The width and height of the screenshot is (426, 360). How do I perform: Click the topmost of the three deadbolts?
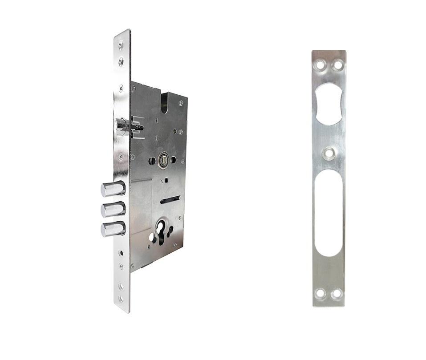(112, 189)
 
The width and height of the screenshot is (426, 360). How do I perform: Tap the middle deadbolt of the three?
(112, 209)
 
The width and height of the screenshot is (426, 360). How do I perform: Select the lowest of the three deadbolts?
(112, 229)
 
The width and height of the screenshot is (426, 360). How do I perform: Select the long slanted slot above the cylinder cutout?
(170, 200)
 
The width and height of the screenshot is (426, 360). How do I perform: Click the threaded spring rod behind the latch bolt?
(138, 128)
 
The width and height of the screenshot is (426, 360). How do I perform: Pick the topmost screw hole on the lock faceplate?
(121, 44)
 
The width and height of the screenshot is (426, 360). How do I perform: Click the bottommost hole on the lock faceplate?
(121, 299)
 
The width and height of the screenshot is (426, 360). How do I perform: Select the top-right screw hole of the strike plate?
(338, 65)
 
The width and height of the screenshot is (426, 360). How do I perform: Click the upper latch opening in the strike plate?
(329, 102)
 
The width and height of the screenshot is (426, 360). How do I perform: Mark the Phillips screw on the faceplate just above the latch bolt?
(121, 89)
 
